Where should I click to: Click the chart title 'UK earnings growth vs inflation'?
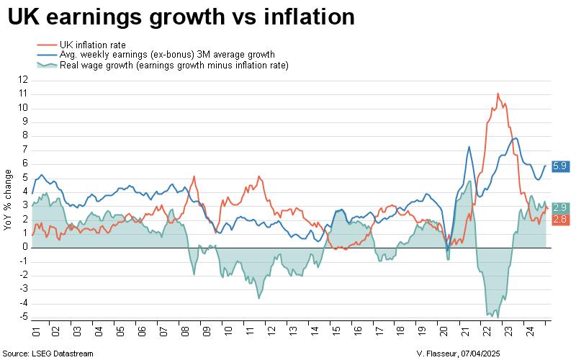181,17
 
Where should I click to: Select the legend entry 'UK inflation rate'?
93,45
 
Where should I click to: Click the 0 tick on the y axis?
24,247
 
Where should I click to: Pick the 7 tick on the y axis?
24,149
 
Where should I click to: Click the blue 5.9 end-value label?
560,166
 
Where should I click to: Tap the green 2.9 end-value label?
560,208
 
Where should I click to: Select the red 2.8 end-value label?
560,219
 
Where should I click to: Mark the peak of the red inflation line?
498,94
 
